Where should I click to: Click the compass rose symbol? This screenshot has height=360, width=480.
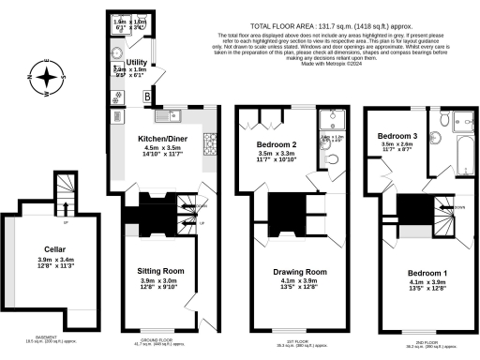pos(44,78)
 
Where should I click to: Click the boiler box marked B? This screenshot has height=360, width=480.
pos(145,96)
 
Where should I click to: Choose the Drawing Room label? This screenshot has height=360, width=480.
pos(281,271)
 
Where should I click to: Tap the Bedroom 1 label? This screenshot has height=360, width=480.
pos(400,271)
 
